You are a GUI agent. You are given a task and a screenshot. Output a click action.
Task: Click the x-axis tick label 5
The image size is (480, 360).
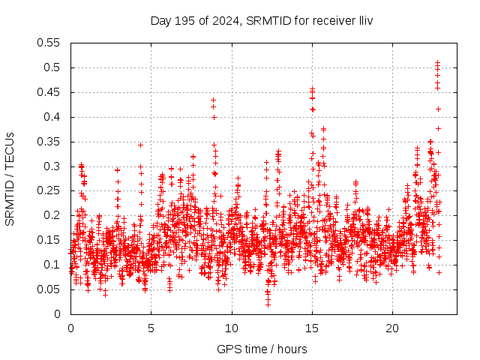pos(151,328)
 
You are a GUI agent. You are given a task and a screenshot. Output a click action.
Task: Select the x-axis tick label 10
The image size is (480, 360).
pos(232,328)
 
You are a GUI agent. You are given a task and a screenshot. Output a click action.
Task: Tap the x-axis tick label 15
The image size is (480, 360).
pos(312,328)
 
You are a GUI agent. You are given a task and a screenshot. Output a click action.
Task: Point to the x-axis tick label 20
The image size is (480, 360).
pos(392,328)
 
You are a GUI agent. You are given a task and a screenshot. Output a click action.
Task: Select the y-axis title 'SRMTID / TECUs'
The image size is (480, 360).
pos(10,178)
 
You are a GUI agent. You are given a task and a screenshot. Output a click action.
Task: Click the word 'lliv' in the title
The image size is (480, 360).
pos(365,20)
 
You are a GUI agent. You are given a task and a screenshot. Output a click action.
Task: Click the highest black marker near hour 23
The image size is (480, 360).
pos(438,62)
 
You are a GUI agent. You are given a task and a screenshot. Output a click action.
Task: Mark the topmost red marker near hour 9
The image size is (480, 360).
pos(214,100)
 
